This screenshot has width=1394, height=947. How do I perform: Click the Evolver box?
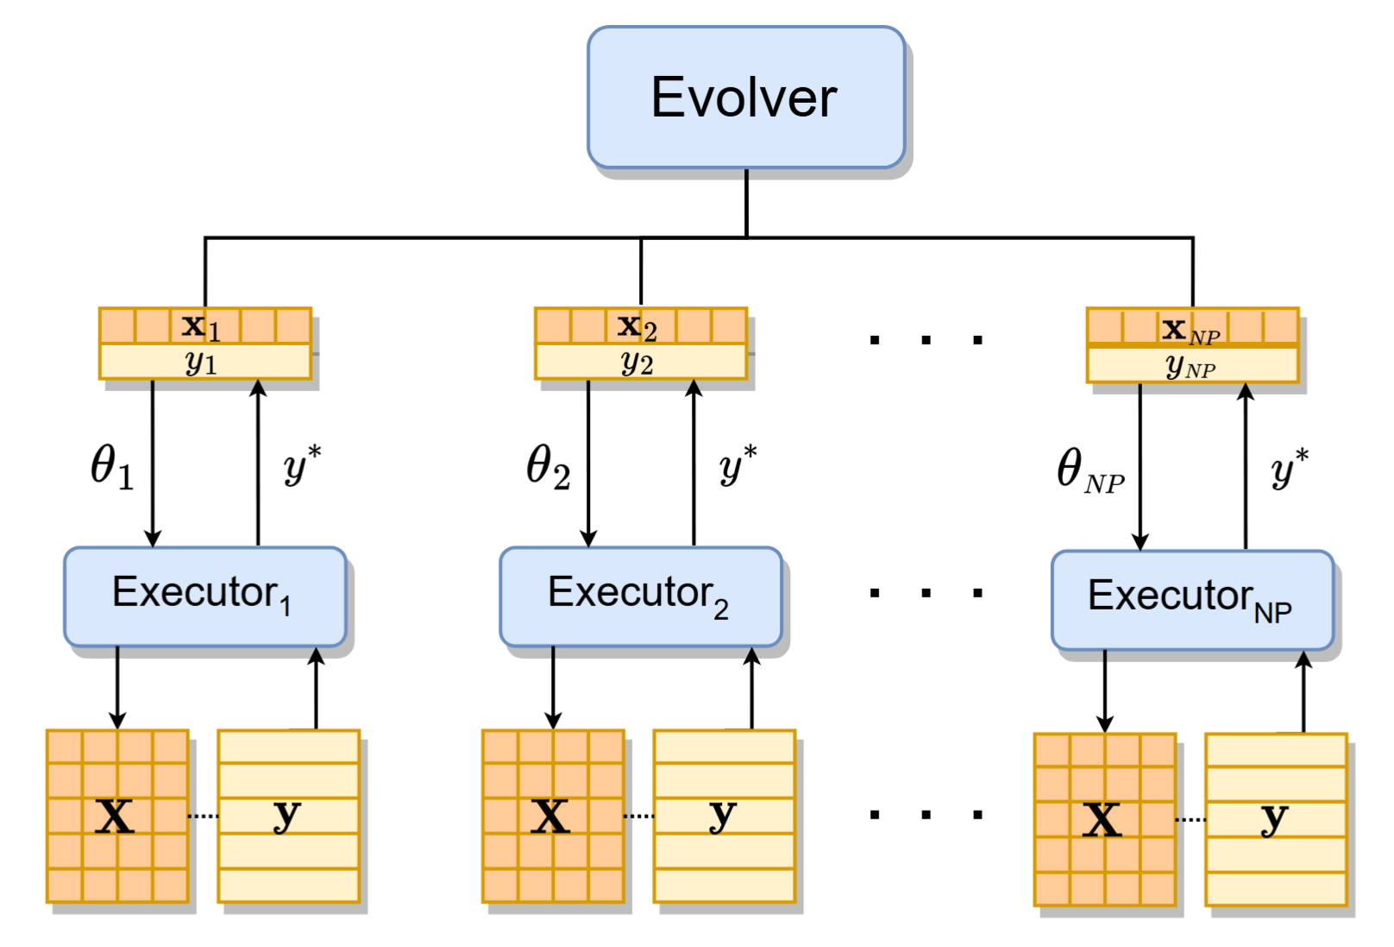pyautogui.click(x=745, y=97)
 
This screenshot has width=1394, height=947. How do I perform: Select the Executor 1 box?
pyautogui.click(x=204, y=596)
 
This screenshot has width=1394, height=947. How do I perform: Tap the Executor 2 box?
pyautogui.click(x=640, y=596)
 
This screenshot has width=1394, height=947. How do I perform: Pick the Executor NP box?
pyautogui.click(x=1191, y=599)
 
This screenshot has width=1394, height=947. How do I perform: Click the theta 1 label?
pyautogui.click(x=112, y=467)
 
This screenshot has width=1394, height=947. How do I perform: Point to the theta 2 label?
pyautogui.click(x=548, y=467)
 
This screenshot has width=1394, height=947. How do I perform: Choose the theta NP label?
pyautogui.click(x=1089, y=471)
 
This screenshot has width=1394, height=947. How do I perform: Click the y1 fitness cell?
pyautogui.click(x=204, y=363)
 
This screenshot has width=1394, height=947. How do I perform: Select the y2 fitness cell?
pyautogui.click(x=640, y=363)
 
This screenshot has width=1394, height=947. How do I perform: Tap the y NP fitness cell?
pyautogui.click(x=1191, y=366)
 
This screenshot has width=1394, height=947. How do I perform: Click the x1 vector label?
pyautogui.click(x=201, y=326)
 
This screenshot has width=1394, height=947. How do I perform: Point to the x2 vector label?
pyautogui.click(x=637, y=326)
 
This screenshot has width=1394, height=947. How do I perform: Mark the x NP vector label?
pyautogui.click(x=1190, y=329)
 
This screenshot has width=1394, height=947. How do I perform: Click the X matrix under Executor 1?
pyautogui.click(x=116, y=816)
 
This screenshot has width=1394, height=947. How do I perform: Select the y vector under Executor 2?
pyautogui.click(x=724, y=816)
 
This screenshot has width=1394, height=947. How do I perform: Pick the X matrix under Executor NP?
pyautogui.click(x=1104, y=819)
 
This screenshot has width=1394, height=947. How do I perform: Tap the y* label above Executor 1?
pyautogui.click(x=302, y=465)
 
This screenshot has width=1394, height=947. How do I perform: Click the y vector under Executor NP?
pyautogui.click(x=1276, y=819)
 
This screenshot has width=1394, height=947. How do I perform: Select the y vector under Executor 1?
pyautogui.click(x=288, y=816)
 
